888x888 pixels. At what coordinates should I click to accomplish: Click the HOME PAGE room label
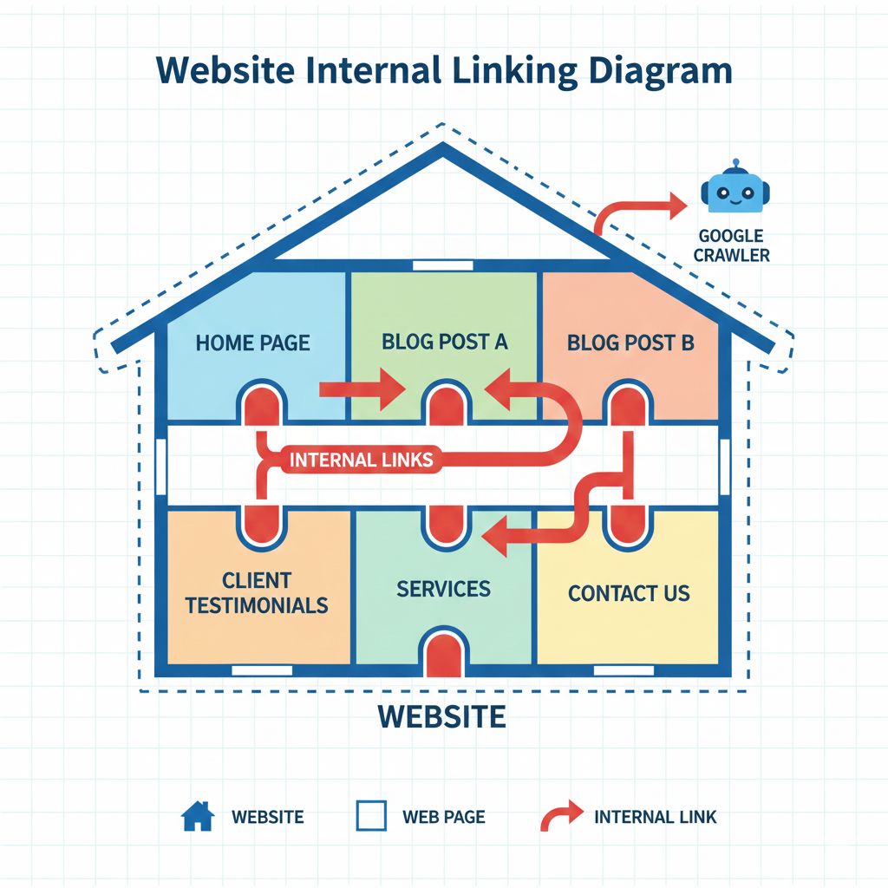point(252,343)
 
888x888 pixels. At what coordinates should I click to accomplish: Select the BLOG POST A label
point(444,342)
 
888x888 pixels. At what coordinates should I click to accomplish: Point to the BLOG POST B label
point(630,343)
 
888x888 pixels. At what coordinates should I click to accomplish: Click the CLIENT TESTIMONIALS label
point(257,592)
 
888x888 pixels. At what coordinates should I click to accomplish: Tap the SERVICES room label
point(443,589)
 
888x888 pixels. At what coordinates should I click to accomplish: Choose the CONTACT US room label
point(629,594)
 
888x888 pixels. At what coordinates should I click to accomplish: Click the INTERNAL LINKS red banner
point(360,460)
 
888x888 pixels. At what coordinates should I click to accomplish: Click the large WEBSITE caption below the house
point(442,716)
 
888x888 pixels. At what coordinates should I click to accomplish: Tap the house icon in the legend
point(197,816)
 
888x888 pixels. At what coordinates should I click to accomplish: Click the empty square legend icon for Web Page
point(371,816)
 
